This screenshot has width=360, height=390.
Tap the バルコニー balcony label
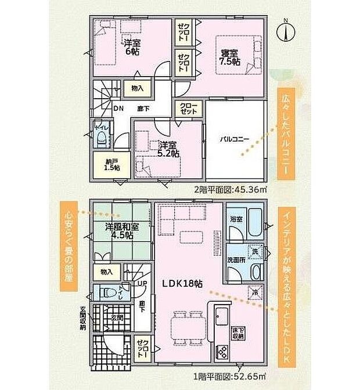click(x=234, y=140)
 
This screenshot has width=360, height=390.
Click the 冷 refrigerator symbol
click(x=253, y=291)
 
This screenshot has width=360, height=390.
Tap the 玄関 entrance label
click(x=115, y=318)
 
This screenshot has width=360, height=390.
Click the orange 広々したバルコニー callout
click(x=285, y=133)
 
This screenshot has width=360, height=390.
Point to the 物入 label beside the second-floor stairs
click(x=137, y=89)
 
